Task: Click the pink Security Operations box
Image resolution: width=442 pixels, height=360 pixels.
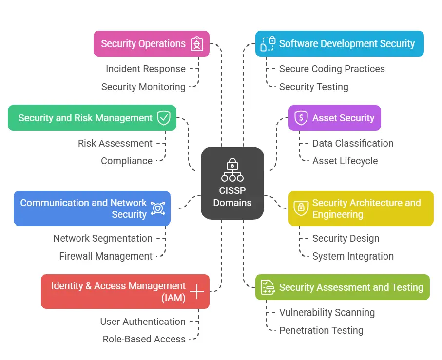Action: pos(151,44)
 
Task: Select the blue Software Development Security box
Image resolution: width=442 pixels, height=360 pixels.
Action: pos(340,44)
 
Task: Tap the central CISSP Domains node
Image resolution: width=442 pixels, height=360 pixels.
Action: pos(232,183)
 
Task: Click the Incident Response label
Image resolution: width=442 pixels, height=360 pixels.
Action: pos(145,69)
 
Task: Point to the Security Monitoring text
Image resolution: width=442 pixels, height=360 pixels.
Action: pos(143,87)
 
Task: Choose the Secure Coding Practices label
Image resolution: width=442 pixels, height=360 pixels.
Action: pos(332,69)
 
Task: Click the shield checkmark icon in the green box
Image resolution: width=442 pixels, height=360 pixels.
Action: pos(164,118)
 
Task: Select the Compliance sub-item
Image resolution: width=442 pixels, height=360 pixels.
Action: pos(127,161)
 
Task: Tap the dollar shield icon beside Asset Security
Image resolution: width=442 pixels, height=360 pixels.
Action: pos(301,118)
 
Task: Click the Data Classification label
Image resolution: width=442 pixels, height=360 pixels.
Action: pos(353,143)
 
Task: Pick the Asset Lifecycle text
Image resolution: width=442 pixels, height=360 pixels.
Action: pos(345,161)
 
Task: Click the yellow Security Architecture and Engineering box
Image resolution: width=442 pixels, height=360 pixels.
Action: pos(361,208)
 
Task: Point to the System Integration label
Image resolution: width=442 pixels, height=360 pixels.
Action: pos(353,256)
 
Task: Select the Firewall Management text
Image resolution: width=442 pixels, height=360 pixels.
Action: pos(106,256)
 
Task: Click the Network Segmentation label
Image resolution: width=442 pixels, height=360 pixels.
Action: pos(103,238)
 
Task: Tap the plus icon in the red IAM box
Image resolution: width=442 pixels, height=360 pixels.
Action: pos(197,292)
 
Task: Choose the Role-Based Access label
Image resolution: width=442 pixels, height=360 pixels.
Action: pos(144,339)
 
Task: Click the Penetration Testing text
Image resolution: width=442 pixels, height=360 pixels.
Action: pos(321,330)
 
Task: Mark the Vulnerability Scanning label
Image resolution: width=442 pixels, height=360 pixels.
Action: pos(327,313)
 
